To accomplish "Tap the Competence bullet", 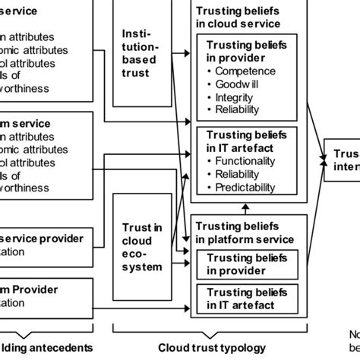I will tap(244, 71).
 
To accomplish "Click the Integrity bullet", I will tap(237, 97).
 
